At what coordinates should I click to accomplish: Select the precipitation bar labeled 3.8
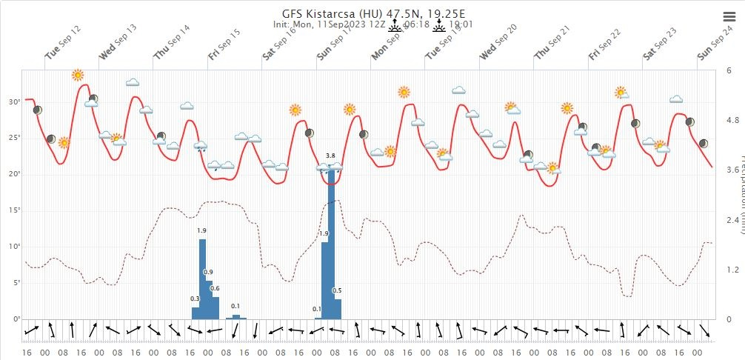tap(331, 244)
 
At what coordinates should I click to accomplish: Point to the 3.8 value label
tap(331, 156)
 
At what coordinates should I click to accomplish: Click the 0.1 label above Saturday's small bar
tap(235, 306)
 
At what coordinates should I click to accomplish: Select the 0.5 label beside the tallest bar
tap(337, 290)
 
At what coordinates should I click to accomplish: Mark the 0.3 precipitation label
tap(195, 299)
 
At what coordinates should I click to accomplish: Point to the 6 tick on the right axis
tap(729, 70)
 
